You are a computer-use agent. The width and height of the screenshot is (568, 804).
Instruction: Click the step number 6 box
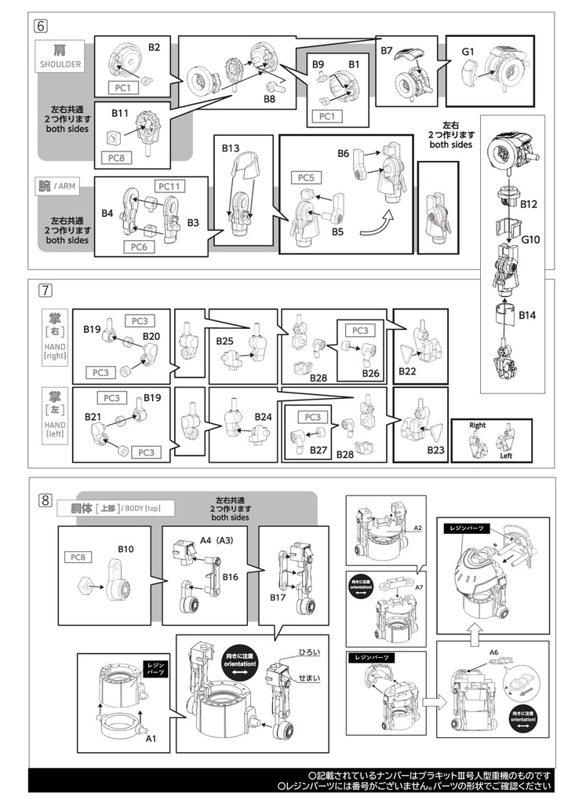click(41, 24)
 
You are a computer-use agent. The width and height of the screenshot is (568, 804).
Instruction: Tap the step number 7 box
click(46, 290)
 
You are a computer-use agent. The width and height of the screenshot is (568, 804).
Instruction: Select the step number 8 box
click(46, 499)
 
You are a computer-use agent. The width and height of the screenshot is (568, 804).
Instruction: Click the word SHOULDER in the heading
click(60, 65)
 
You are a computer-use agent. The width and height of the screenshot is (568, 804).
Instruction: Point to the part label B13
click(231, 148)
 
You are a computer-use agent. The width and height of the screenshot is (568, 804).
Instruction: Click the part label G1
click(468, 52)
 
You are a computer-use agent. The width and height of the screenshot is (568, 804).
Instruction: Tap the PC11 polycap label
click(170, 186)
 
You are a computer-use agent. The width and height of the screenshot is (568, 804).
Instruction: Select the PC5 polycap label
click(304, 178)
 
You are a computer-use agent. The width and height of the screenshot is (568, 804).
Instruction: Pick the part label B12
click(530, 204)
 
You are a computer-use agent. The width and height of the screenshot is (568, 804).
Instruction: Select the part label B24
click(262, 417)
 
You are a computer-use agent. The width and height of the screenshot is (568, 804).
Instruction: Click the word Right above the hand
click(477, 426)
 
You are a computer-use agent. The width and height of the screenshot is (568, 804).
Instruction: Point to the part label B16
click(231, 576)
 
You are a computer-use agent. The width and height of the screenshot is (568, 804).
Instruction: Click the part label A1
click(151, 738)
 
